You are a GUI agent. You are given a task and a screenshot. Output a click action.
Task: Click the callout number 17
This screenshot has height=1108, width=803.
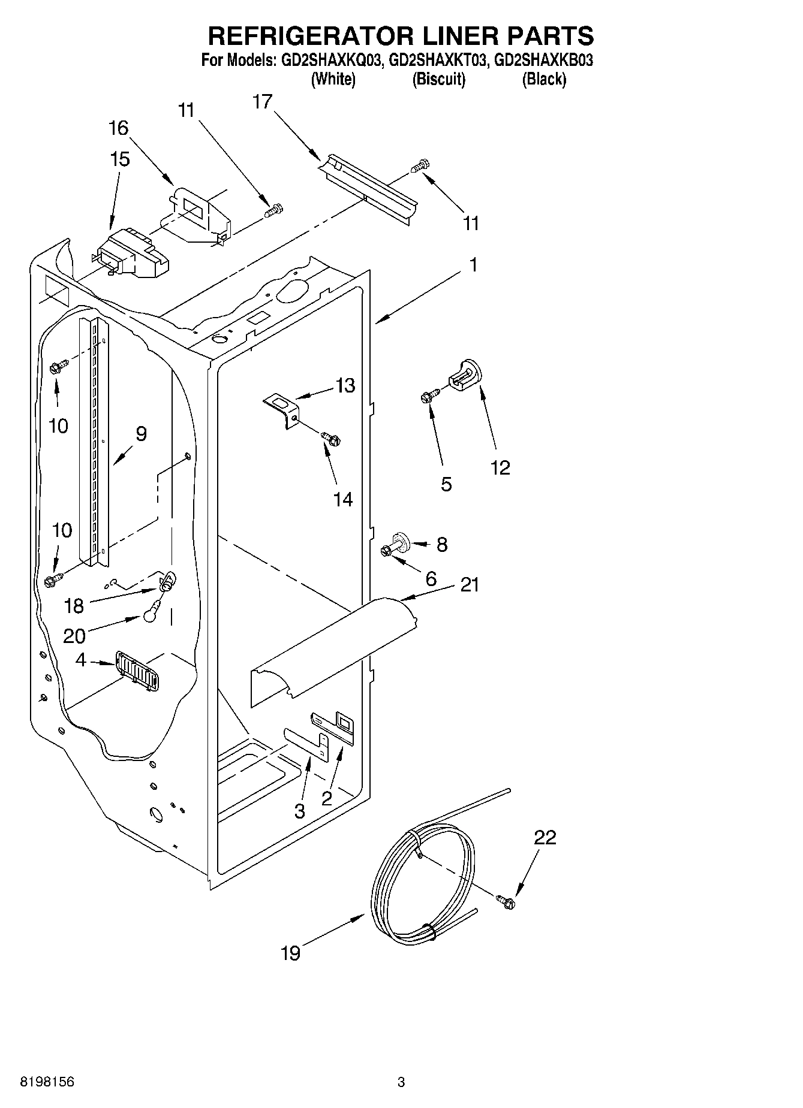[262, 102]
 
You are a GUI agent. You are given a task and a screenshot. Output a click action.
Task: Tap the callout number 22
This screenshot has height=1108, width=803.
[545, 837]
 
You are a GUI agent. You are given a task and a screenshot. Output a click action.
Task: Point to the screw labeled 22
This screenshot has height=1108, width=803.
[505, 901]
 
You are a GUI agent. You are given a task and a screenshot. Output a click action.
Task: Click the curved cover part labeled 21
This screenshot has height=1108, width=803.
[333, 647]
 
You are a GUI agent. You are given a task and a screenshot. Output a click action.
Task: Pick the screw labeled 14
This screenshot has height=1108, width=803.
[330, 439]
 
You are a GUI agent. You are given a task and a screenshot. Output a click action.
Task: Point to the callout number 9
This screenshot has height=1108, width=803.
[141, 433]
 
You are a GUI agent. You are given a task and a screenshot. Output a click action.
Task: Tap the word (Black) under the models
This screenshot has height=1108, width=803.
[543, 79]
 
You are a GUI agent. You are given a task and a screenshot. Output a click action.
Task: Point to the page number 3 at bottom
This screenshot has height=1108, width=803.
[401, 1082]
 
